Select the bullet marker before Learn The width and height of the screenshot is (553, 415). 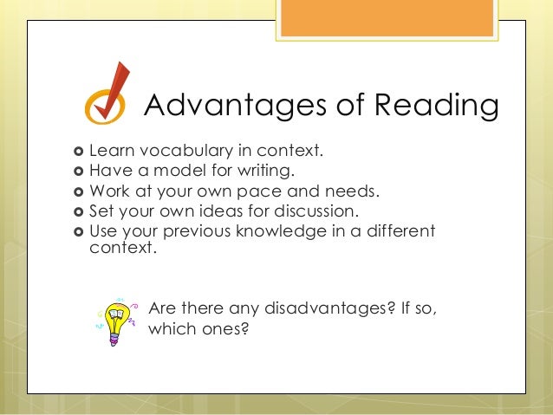pos(81,152)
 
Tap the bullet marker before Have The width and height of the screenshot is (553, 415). pos(81,172)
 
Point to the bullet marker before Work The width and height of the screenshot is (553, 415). pos(81,192)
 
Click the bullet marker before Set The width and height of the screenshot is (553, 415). pos(81,211)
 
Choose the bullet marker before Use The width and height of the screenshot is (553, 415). pos(81,231)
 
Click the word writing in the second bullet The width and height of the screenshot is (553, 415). pos(263,172)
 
